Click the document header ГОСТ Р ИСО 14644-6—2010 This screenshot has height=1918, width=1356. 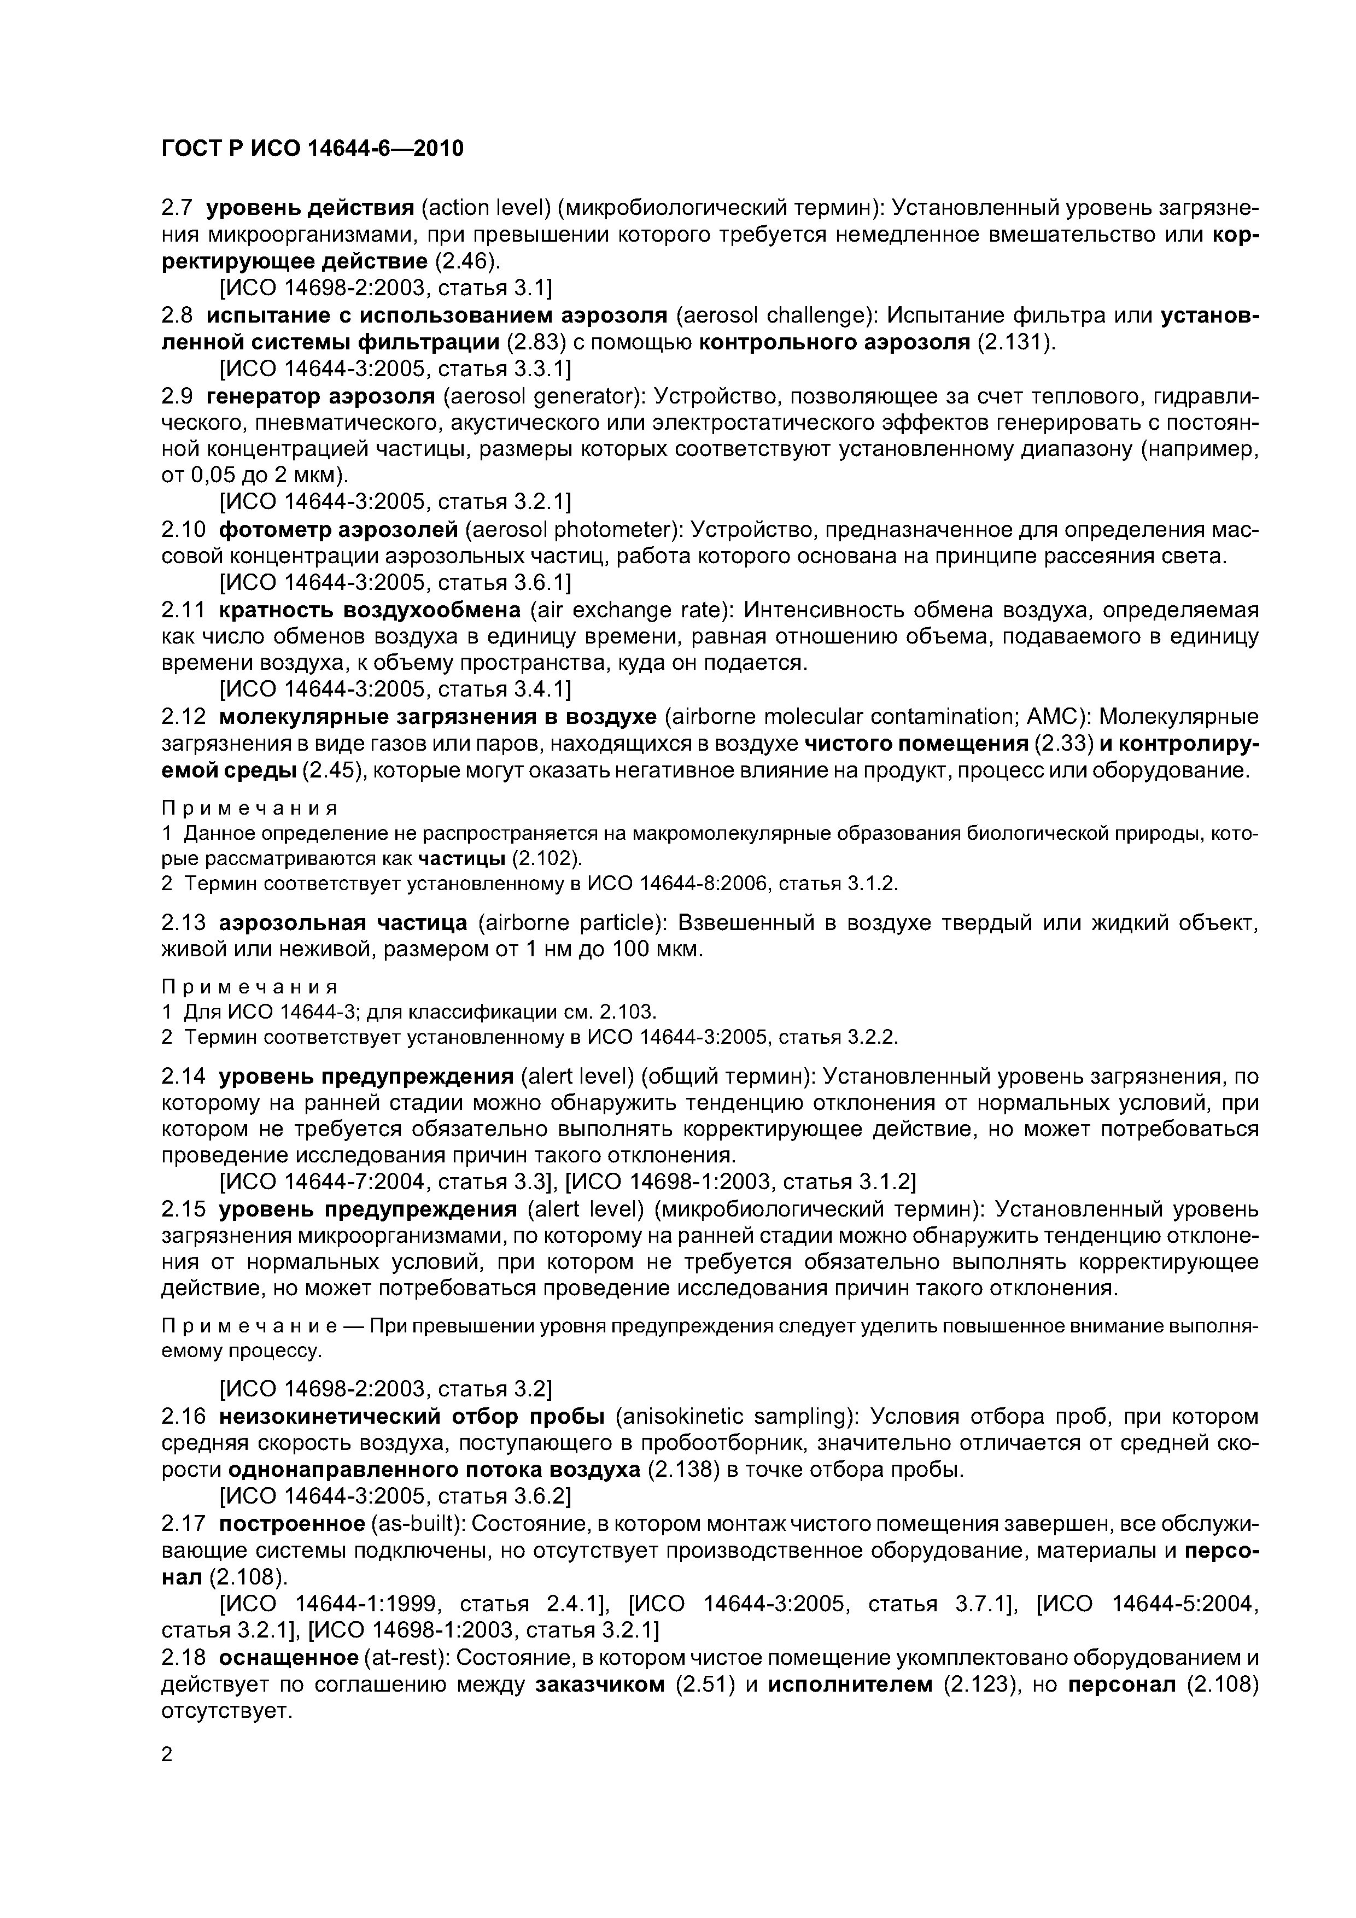312,149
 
